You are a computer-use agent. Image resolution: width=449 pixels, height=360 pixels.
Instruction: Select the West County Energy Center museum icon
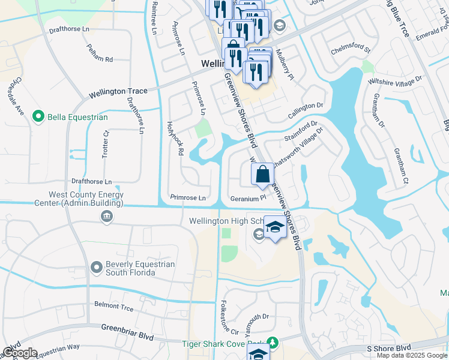(107, 217)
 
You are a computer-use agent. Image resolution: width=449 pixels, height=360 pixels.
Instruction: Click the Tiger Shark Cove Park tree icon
(273, 342)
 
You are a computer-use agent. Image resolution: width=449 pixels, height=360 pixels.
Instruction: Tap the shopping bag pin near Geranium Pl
(263, 176)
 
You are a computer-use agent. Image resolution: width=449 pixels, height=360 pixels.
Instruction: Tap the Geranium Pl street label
(247, 198)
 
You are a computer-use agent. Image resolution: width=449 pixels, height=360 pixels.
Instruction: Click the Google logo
(19, 353)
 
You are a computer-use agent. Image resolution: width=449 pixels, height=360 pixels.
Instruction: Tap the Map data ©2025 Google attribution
(412, 355)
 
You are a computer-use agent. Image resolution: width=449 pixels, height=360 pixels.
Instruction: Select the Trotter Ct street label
(105, 145)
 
